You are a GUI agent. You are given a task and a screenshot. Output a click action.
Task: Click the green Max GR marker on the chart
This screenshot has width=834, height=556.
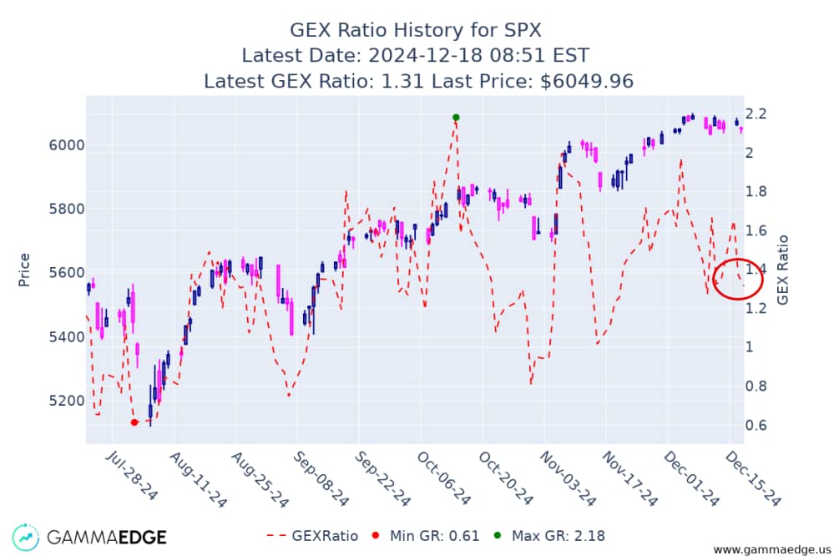coord(456,117)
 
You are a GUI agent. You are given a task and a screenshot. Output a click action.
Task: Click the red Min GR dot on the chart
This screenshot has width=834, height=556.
coord(134,422)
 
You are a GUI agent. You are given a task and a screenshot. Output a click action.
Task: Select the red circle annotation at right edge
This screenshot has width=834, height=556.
coord(739,279)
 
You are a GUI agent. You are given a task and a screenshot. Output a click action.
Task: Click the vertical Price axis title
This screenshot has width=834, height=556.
coord(24,270)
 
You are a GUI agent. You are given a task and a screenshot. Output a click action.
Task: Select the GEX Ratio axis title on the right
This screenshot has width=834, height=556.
coord(782,270)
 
